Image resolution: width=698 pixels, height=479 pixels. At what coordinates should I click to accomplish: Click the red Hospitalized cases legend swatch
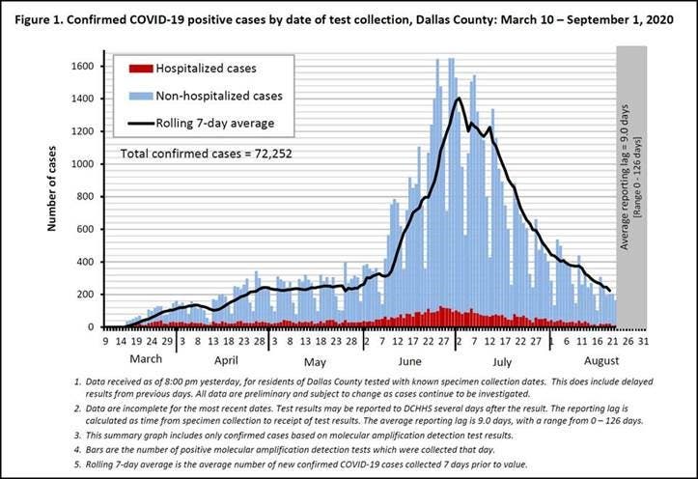click(141, 69)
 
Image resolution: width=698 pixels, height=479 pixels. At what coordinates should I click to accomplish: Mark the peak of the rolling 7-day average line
click(459, 99)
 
